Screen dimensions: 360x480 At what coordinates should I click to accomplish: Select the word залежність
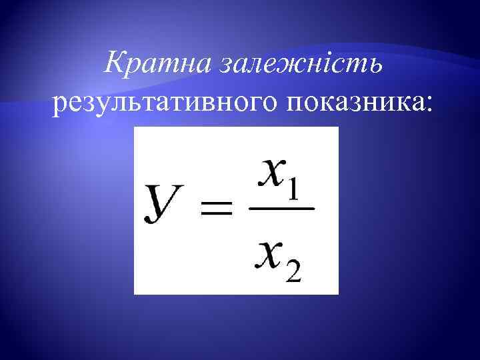tap(294, 65)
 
